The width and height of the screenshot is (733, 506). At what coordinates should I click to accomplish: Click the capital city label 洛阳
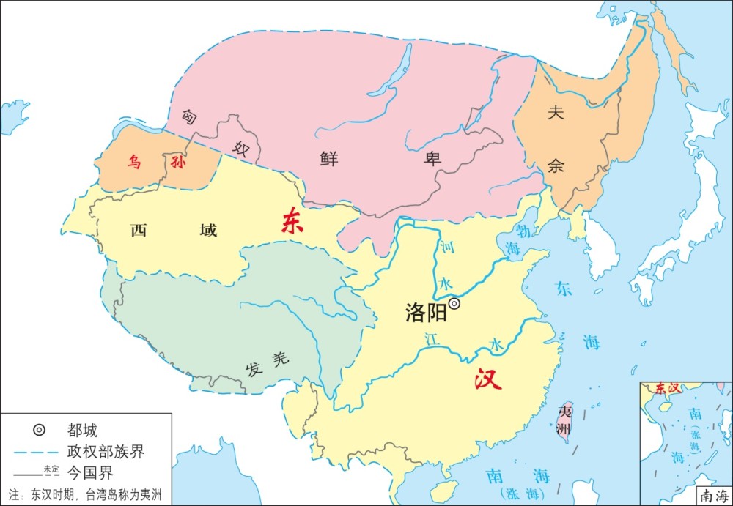[x=425, y=313]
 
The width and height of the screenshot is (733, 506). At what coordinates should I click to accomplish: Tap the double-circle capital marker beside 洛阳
[x=454, y=303]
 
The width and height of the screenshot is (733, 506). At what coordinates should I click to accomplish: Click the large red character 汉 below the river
[x=487, y=379]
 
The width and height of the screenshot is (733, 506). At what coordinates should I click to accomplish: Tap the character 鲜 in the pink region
[x=329, y=160]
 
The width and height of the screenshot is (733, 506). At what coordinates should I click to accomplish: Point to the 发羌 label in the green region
[x=268, y=361]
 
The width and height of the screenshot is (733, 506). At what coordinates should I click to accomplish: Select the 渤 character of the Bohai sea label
[x=523, y=228]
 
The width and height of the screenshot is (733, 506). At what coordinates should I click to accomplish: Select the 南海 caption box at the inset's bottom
[x=715, y=496]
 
